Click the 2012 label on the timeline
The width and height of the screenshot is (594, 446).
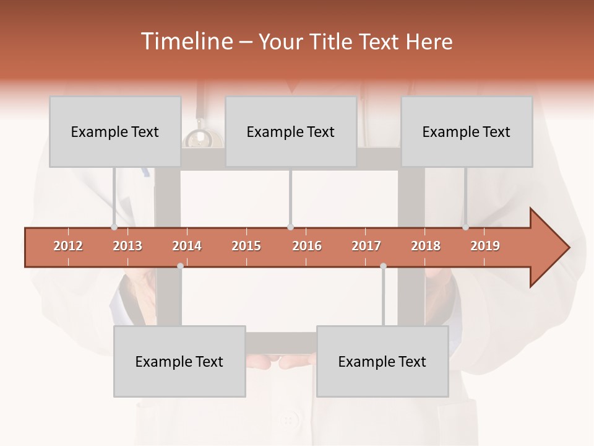(68, 246)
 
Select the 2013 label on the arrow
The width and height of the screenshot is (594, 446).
(127, 246)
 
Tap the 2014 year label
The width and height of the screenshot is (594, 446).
(187, 246)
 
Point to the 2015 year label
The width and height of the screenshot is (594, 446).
(246, 246)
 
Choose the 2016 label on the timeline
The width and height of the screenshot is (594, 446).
(307, 246)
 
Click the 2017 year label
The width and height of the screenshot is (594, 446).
(366, 246)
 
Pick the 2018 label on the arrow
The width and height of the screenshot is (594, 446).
(426, 246)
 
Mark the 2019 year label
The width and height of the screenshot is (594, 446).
(485, 246)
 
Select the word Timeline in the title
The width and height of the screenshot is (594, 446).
(186, 42)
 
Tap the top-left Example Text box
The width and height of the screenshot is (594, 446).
(115, 131)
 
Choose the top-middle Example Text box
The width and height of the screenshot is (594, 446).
(291, 131)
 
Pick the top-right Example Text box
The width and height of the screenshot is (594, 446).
(467, 131)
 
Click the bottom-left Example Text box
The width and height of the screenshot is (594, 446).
(179, 361)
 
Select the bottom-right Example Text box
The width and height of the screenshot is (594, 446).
(382, 361)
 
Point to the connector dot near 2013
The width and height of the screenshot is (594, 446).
(114, 227)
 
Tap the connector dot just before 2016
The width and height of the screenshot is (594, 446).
(290, 227)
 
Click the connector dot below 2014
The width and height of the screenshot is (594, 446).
(180, 266)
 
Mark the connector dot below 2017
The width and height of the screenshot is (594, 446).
(383, 266)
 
